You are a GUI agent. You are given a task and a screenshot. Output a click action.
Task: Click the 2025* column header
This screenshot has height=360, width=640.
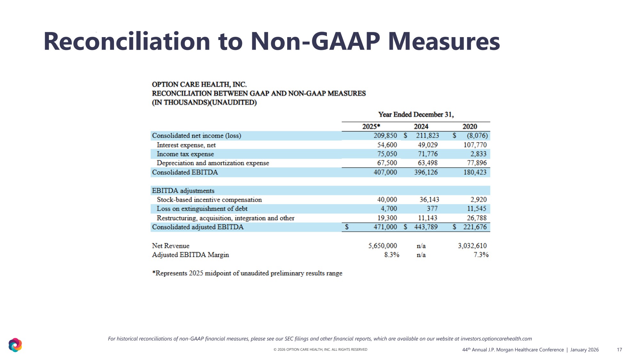coord(371,126)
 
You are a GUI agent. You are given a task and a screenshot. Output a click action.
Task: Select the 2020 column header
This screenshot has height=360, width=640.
coord(470,126)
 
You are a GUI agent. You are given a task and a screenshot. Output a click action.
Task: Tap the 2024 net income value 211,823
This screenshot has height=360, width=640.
coord(427,136)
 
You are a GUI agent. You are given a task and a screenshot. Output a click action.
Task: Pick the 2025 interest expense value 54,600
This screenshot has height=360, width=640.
coord(387,145)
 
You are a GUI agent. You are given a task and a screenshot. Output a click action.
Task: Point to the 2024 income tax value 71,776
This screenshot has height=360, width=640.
coord(427,154)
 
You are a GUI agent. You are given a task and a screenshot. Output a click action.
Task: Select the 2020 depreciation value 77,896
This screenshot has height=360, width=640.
coord(476,163)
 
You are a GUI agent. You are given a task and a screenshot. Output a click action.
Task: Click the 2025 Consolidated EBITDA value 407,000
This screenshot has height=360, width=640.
coord(385,172)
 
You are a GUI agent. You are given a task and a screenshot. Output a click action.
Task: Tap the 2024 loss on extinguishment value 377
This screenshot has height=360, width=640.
coord(432,209)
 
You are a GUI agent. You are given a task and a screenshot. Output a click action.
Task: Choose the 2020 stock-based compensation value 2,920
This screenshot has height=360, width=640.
coord(478,200)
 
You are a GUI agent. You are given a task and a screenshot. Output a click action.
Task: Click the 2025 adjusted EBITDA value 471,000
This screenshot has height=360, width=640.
coord(385,227)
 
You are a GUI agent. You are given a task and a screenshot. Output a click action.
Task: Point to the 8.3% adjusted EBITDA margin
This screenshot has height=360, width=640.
coord(392,255)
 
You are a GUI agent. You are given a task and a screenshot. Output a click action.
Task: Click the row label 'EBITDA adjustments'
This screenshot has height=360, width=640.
coord(183,191)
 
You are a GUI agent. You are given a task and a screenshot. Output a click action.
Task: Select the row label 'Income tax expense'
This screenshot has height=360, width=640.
coord(185,154)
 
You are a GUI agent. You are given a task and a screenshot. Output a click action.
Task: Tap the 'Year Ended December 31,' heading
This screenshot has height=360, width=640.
coord(416,115)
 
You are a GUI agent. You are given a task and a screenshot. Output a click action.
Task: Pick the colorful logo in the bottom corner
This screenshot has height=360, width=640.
coord(15,345)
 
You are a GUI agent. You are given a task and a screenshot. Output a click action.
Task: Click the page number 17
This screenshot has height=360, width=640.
coord(619,350)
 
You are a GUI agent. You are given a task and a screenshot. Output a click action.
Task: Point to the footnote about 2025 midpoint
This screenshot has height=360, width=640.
coord(247,273)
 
